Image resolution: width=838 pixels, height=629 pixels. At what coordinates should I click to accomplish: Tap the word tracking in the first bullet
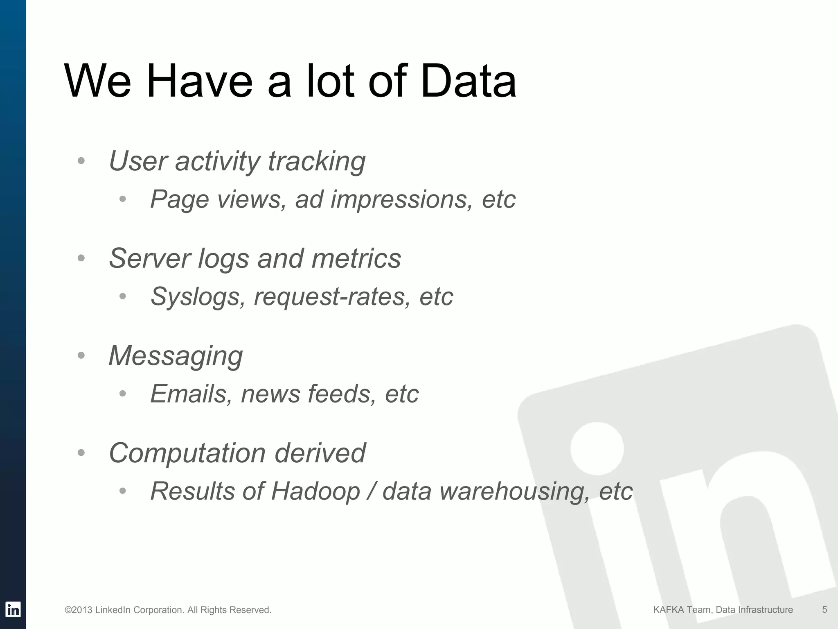pos(316,161)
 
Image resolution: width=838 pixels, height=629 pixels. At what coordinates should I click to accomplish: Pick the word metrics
pos(356,258)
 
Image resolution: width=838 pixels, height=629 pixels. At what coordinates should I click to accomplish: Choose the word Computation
pos(187,453)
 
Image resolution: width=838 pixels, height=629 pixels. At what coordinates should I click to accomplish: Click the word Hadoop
pos(315,491)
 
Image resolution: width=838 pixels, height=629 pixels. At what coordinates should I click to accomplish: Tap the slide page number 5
pos(824,610)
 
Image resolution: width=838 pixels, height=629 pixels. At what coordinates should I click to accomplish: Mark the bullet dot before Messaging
pos(81,355)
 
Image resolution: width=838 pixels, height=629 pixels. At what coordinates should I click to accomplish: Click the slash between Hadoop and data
pos(371,491)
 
